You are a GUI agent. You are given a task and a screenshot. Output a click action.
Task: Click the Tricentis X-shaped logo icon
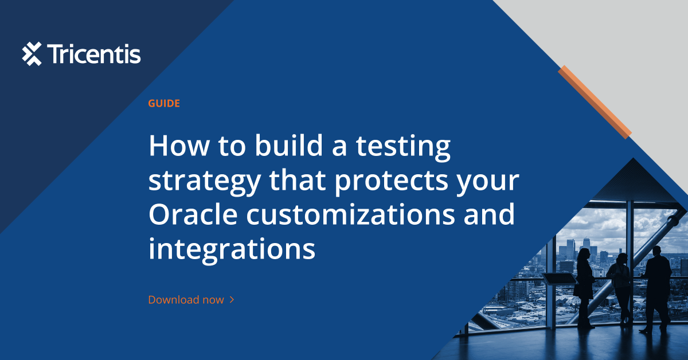click(32, 54)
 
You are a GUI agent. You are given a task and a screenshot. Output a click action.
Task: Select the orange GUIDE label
click(164, 104)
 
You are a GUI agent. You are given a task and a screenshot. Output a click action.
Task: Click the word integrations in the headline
click(232, 250)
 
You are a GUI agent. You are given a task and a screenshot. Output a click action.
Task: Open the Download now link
click(186, 300)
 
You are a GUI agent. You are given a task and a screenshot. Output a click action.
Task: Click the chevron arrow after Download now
click(232, 300)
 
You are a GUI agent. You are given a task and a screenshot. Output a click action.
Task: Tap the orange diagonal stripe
click(595, 101)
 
